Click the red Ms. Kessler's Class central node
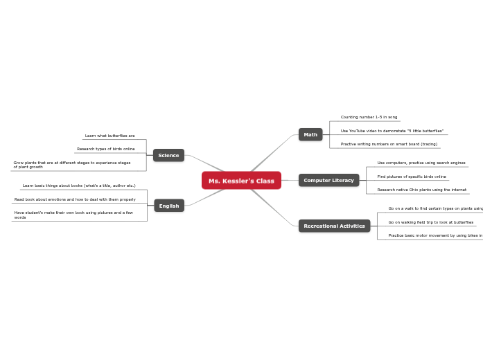tap(241, 181)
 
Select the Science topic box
tap(168, 155)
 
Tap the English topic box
tap(169, 206)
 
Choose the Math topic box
tap(310, 134)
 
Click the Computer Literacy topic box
tap(328, 180)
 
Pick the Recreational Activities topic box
tap(334, 226)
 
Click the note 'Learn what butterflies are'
tap(109, 136)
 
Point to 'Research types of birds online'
tap(105, 149)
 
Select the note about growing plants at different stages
tap(72, 165)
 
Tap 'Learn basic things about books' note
tap(79, 186)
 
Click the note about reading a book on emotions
tap(75, 199)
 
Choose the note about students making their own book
tap(73, 215)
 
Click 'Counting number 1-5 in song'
tap(369, 117)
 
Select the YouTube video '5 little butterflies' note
tap(392, 131)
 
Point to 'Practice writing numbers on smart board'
tap(389, 144)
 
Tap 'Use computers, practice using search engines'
tap(421, 163)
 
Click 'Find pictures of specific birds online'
tap(412, 177)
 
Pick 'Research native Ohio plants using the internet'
tap(421, 190)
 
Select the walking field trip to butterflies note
tap(430, 222)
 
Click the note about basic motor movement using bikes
tap(434, 235)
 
